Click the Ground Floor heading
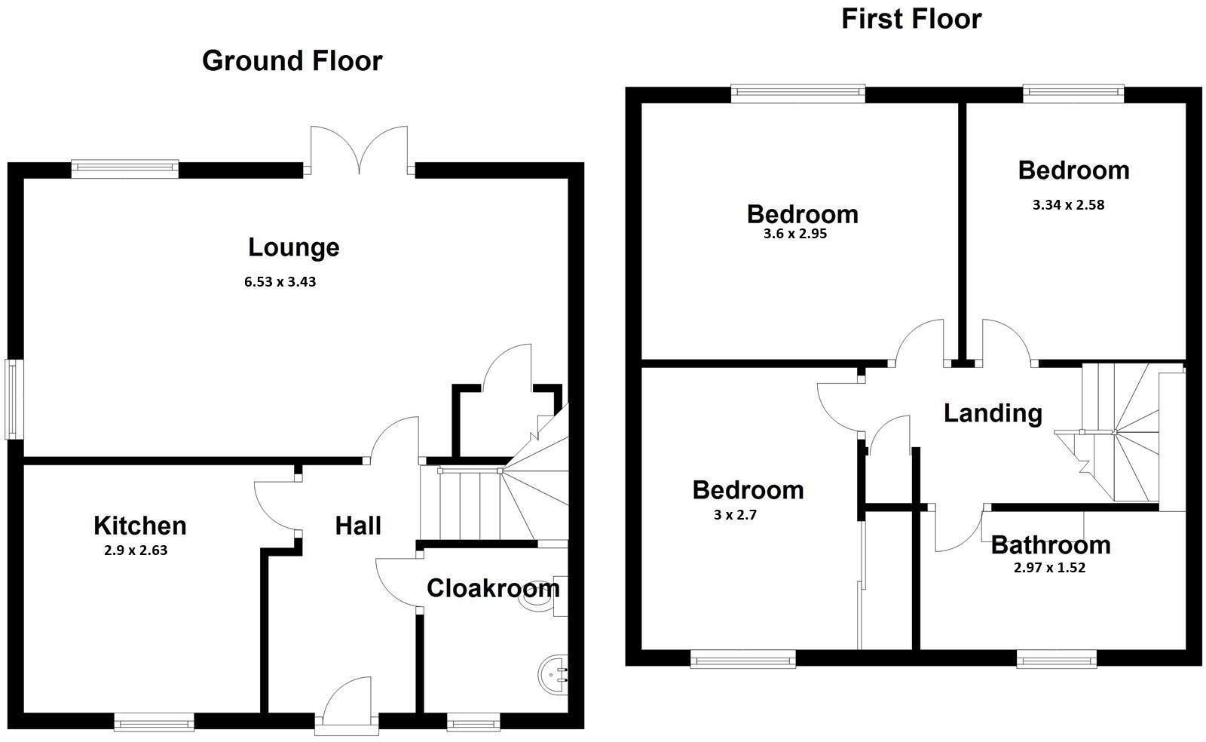point(292,61)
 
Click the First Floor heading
point(911,19)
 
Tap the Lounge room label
point(293,247)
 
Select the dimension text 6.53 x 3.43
point(280,283)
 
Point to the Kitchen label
point(139,526)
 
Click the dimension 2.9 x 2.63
point(136,550)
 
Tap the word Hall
point(357,526)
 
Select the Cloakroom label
point(492,588)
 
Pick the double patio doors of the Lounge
point(360,151)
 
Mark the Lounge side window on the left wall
point(13,400)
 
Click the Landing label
point(993,413)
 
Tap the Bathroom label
point(1050,544)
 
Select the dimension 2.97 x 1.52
point(1049,568)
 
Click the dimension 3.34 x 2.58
point(1068,204)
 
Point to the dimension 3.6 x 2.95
point(794,234)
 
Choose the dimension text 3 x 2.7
point(734,515)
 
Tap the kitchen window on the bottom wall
point(154,722)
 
